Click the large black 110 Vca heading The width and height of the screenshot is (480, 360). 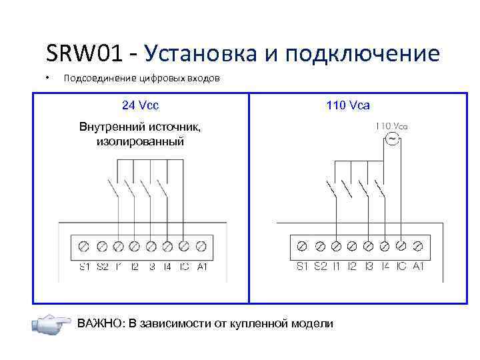348,105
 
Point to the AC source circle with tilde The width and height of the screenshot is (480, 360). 391,139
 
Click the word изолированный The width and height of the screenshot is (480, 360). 139,141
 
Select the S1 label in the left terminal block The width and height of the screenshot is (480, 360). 85,267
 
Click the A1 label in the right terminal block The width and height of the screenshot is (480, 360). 418,267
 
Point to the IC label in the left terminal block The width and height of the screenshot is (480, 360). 184,267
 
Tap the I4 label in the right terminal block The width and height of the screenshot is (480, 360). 385,267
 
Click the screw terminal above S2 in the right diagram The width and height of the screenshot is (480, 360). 319,247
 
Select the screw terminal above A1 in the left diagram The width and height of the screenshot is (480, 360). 201,247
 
